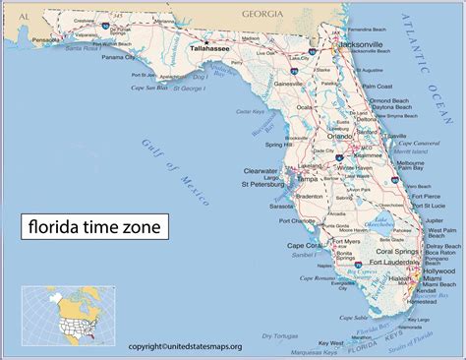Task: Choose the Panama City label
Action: [x=118, y=57]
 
